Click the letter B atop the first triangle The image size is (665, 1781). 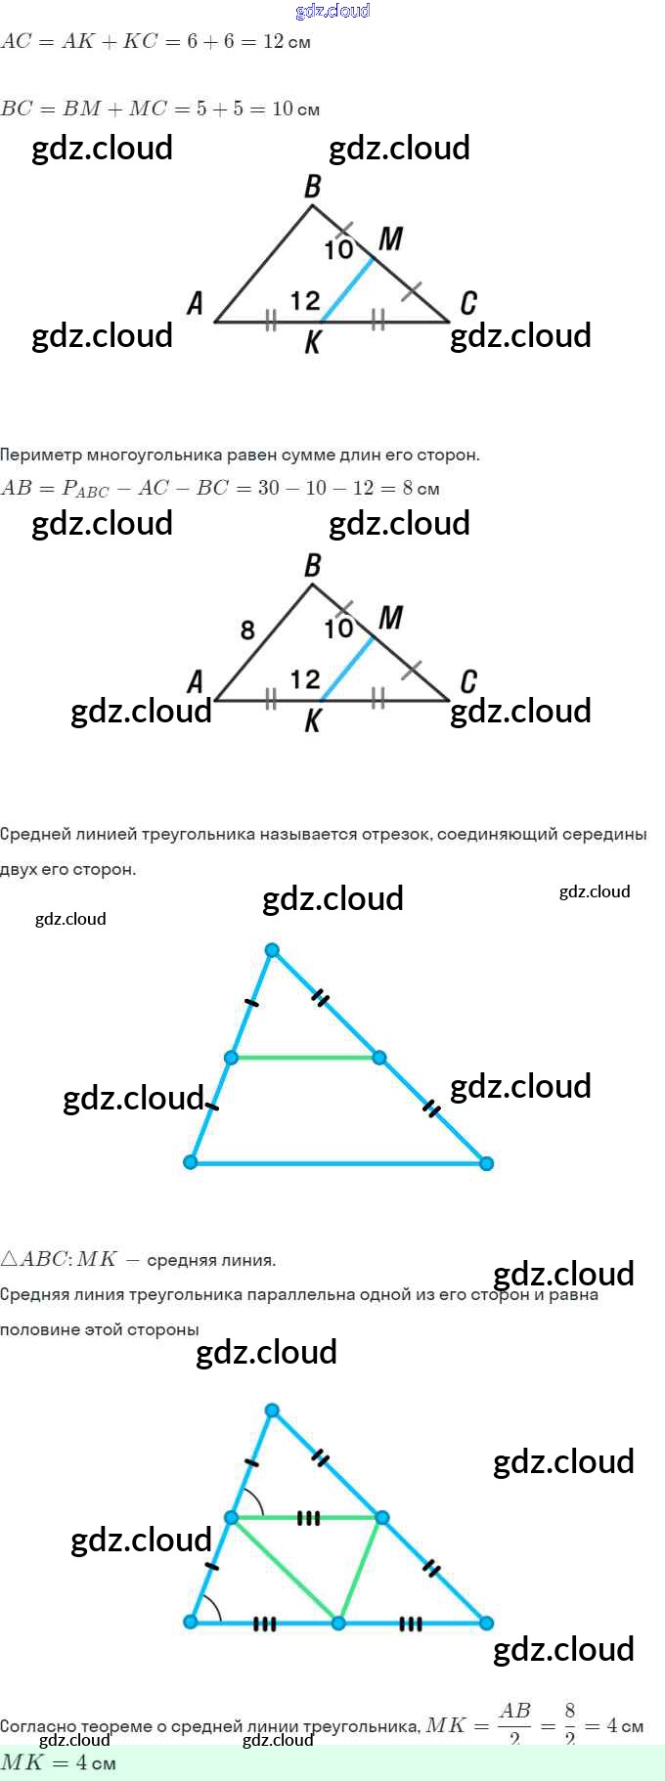pos(313,186)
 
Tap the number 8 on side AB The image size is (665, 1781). pos(247,630)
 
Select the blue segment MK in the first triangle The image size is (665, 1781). pos(348,289)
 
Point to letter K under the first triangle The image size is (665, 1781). pos(313,342)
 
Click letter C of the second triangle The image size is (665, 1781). pos(468,681)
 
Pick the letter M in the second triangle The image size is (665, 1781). pos(390,618)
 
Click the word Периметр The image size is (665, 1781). pos(40,455)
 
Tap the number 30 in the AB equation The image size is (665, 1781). pos(269,488)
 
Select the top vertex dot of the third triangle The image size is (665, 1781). pos(272,950)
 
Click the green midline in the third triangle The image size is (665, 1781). pos(305,1058)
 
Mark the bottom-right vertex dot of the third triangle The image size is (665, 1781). pos(486,1163)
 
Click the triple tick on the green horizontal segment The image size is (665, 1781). pos(308,1518)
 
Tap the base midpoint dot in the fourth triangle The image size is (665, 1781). pos(338,1624)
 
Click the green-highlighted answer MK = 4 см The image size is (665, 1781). pos(59,1763)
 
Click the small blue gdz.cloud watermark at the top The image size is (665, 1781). pos(332,11)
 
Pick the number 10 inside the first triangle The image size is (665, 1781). pos(338,250)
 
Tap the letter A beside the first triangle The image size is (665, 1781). pos(196,303)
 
